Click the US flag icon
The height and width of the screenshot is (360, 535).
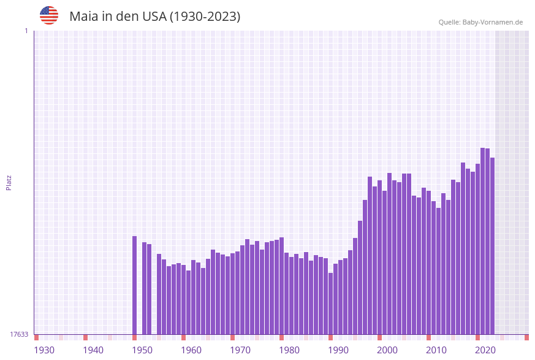(x=49, y=15)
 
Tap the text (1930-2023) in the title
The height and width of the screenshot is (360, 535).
(x=205, y=17)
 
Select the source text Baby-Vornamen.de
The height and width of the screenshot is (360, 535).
(x=492, y=22)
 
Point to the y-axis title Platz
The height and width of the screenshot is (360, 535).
(x=9, y=182)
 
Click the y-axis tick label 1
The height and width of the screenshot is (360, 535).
(x=26, y=31)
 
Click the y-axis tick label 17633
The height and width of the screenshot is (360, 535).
(x=19, y=334)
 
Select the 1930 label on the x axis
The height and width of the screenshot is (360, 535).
(x=44, y=350)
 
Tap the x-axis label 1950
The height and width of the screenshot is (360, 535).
(x=142, y=350)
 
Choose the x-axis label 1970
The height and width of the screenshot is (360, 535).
(x=240, y=350)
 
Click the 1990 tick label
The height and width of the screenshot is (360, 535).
(x=338, y=350)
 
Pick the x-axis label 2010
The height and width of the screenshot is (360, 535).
(x=436, y=350)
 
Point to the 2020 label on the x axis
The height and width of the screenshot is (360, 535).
(x=485, y=350)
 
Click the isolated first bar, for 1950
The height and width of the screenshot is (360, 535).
(x=135, y=285)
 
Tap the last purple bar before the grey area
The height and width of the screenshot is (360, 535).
(x=492, y=246)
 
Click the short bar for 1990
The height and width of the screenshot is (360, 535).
(x=331, y=304)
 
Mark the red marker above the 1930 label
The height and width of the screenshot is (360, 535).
(x=37, y=337)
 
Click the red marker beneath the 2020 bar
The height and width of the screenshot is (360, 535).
(x=478, y=337)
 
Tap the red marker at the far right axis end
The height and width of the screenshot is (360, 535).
(x=526, y=337)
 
